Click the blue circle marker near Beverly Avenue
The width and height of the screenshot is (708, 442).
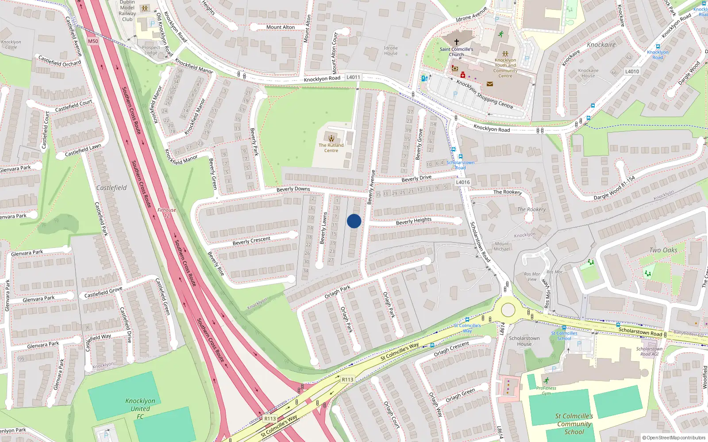coord(354,221)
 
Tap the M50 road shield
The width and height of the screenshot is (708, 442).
coord(93,41)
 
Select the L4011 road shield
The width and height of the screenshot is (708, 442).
coord(353,77)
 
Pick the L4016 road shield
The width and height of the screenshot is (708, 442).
coord(463,182)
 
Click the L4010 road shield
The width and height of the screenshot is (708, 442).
coord(632,71)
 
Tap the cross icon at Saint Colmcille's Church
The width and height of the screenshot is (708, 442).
coord(457,42)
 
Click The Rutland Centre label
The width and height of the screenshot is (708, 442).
coord(331,148)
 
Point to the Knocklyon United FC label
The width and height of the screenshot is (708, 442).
coord(140,408)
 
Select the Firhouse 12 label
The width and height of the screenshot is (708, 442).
coord(167,213)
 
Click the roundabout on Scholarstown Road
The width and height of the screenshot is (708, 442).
coord(508,309)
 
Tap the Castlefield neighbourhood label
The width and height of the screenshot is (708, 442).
coord(112,188)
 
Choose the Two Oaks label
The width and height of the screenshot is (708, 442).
coord(663,250)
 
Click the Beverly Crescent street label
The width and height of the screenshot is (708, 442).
coord(251,241)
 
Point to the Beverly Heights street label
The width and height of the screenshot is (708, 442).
coord(414,221)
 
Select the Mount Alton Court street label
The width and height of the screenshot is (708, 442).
coord(335,53)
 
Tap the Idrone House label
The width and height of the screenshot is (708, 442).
coord(391,50)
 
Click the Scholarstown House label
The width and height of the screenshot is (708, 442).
coord(524,341)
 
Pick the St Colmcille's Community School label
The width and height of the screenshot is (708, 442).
coord(574,424)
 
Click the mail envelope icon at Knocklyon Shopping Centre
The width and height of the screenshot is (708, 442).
coord(490,84)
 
